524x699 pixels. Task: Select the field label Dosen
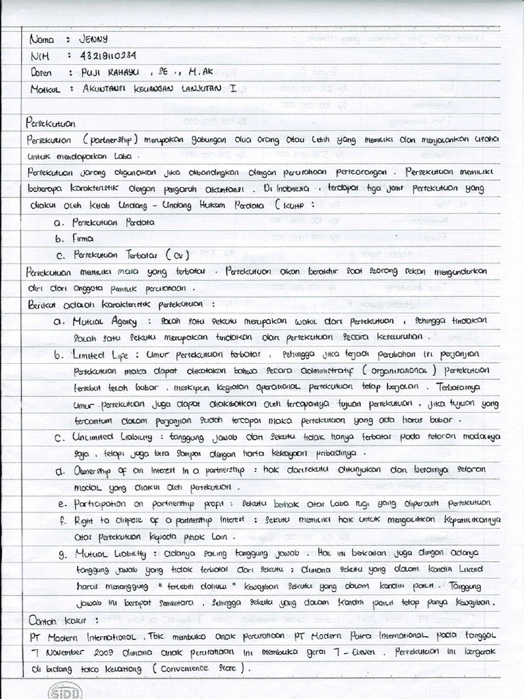pyautogui.click(x=41, y=72)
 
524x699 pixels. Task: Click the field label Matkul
pyautogui.click(x=43, y=89)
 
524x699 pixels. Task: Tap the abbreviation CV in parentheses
pyautogui.click(x=176, y=255)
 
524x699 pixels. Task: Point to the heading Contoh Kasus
pyautogui.click(x=60, y=620)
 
